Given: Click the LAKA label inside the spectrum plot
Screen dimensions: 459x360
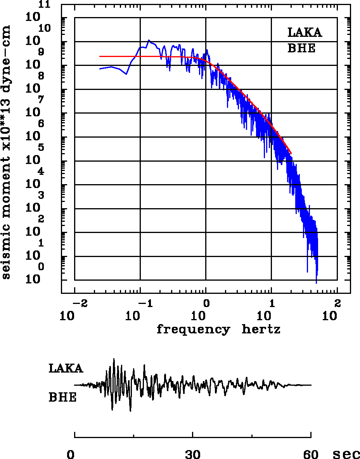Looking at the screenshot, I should click(x=305, y=33).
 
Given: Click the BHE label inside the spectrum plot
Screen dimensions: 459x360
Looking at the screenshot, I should click(x=301, y=48).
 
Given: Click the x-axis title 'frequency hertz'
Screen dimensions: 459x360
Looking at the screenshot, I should click(x=218, y=330).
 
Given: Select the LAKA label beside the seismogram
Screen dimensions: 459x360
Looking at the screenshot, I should click(x=66, y=368).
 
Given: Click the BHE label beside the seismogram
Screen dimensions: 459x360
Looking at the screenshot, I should click(x=62, y=397).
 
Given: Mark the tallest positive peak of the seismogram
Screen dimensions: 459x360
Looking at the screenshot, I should click(x=114, y=359).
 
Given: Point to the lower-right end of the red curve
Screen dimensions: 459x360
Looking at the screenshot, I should click(x=291, y=154).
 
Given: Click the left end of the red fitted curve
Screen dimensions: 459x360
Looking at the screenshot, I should click(x=100, y=56).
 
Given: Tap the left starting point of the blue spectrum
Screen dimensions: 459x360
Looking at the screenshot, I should click(x=100, y=69).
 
